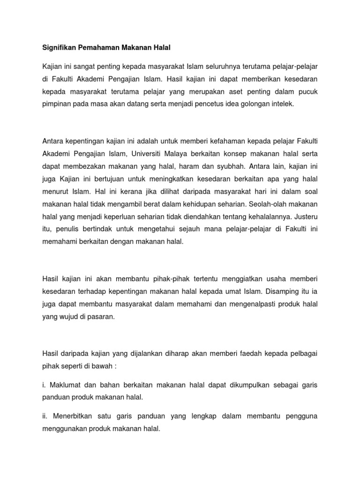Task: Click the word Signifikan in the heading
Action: [x=59, y=47]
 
